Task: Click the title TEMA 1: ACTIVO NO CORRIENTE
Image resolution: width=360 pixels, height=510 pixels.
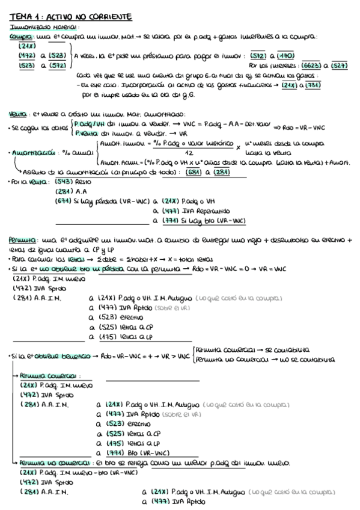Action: coord(72,19)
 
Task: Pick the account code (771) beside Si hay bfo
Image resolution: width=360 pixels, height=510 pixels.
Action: coord(170,220)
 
